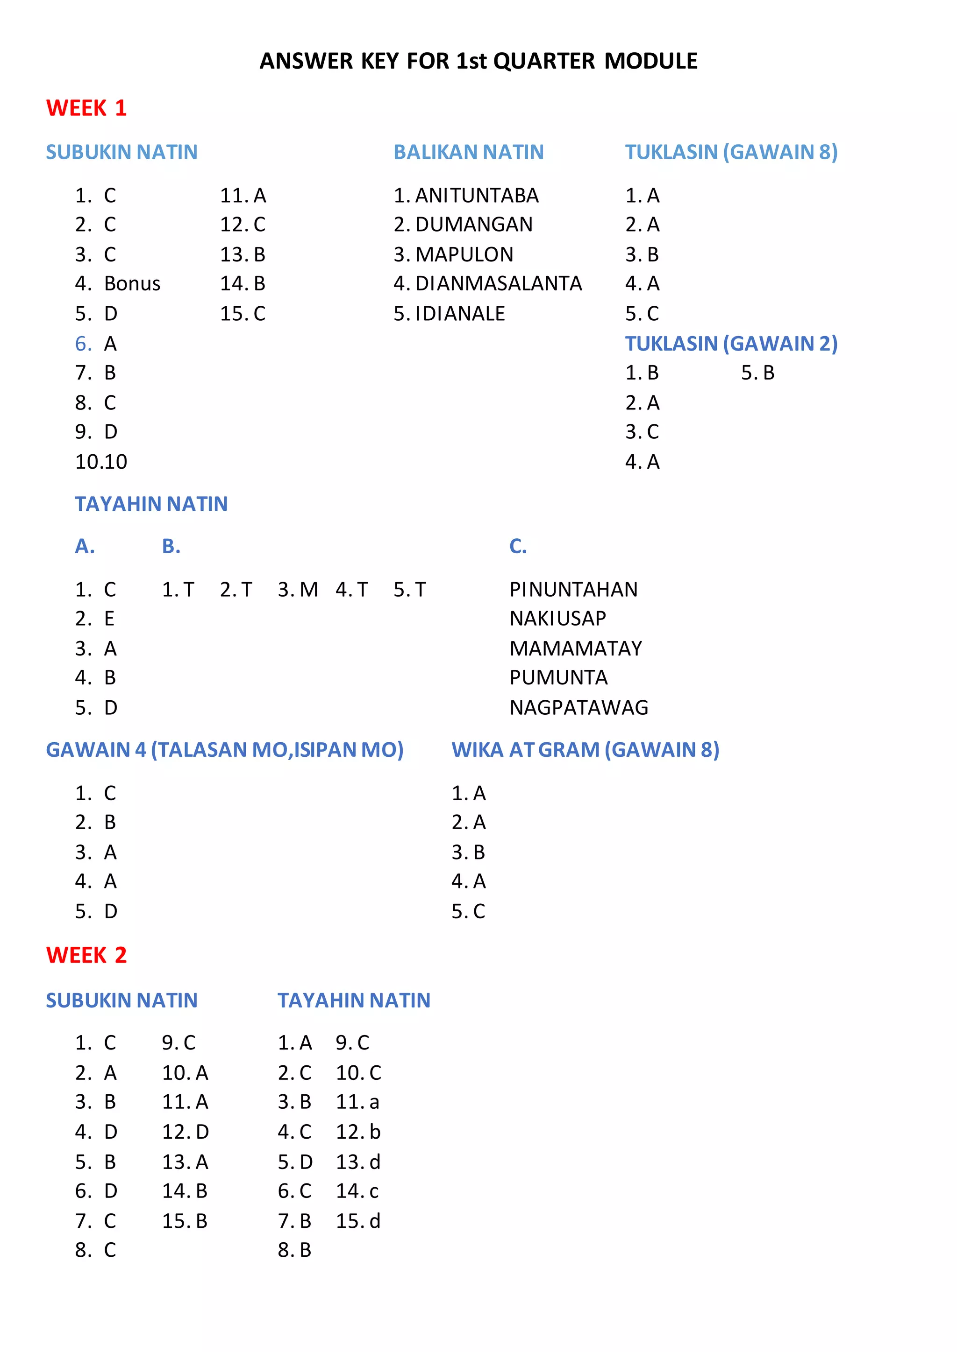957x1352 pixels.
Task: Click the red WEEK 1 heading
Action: click(x=86, y=108)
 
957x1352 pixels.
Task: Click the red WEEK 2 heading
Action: click(x=86, y=955)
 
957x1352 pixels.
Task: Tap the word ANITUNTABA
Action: click(x=477, y=196)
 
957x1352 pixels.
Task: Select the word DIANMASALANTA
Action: click(x=499, y=284)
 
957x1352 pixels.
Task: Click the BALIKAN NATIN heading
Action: click(x=469, y=152)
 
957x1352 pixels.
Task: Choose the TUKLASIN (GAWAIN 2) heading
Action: click(x=731, y=343)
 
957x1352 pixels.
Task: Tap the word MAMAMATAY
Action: click(x=576, y=648)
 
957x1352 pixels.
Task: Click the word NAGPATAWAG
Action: click(x=578, y=707)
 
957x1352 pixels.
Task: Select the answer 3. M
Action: click(x=298, y=590)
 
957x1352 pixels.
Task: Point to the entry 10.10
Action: click(x=101, y=462)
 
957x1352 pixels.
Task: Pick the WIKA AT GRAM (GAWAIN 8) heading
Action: click(x=585, y=750)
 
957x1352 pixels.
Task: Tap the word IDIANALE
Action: click(x=460, y=314)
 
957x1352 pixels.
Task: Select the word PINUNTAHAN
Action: click(x=573, y=590)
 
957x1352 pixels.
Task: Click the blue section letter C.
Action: click(x=518, y=547)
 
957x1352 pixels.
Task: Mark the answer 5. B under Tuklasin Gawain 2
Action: click(x=758, y=373)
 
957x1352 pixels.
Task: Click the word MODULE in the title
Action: click(x=650, y=61)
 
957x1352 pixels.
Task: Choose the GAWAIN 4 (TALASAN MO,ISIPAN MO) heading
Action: click(x=224, y=750)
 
